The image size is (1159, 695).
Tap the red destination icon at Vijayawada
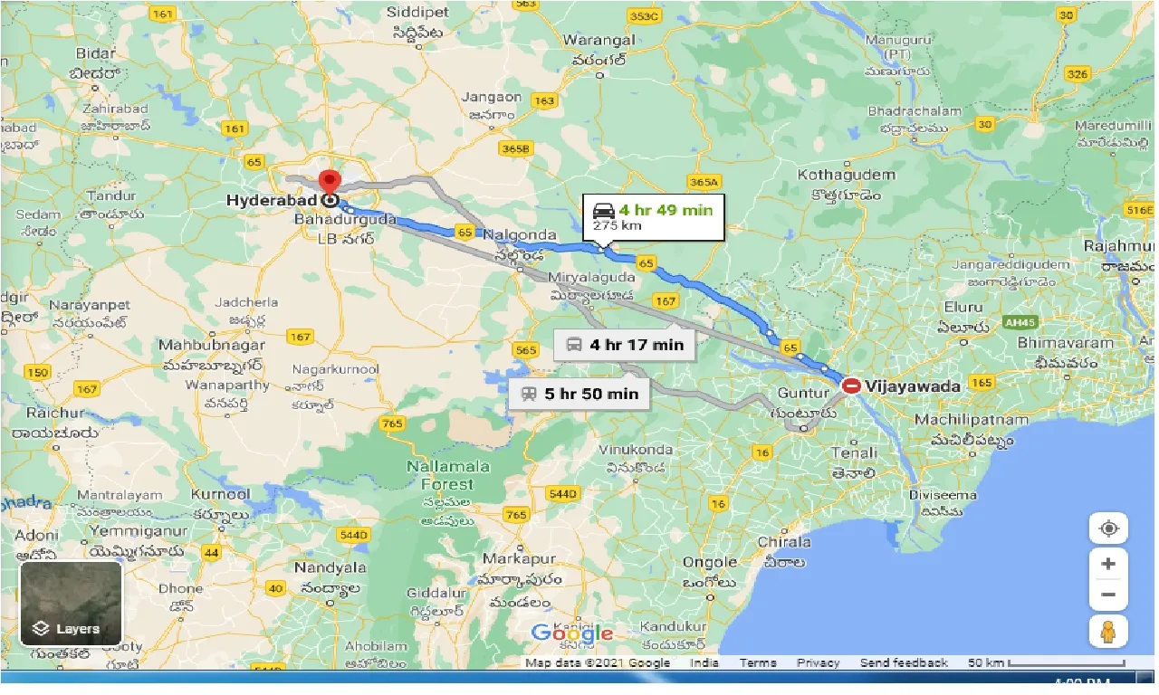852,386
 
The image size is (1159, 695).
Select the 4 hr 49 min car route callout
653,216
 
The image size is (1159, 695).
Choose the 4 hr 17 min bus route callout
625,344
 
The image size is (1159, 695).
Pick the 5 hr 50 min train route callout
579,393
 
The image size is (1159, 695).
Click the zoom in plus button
1108,564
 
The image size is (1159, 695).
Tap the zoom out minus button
1108,595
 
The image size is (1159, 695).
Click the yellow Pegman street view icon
1108,632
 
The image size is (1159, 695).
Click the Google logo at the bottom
572,633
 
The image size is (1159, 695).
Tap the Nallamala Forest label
447,475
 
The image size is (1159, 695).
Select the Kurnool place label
221,495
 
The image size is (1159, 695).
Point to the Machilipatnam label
971,420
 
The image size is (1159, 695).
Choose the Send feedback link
904,663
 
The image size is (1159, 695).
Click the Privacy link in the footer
818,663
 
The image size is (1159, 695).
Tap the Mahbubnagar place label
212,345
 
